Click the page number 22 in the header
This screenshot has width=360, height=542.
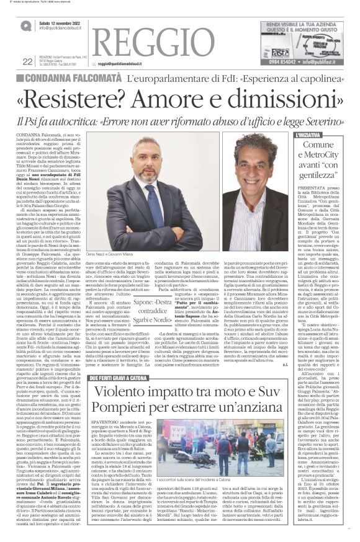pos(9,61)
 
